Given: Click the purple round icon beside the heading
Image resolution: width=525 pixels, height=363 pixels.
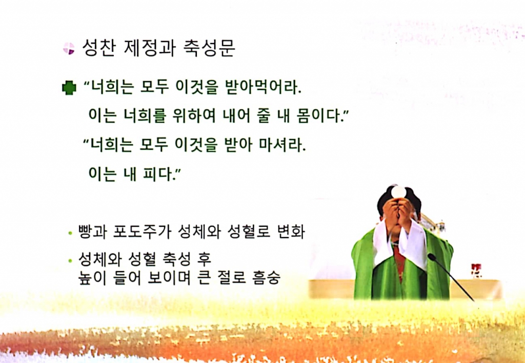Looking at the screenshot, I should pos(68,49).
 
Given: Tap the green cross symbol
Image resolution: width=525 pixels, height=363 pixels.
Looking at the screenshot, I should pos(69,88).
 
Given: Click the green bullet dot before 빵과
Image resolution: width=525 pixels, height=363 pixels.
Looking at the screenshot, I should pos(70,234).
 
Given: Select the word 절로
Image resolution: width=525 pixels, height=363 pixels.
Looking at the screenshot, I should pos(226,278).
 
